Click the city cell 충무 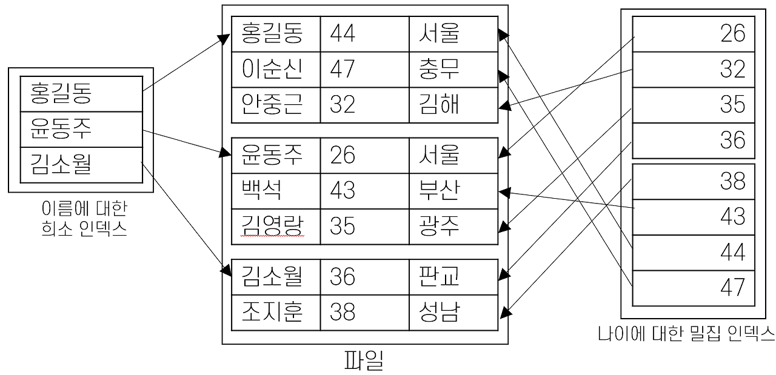pos(439,70)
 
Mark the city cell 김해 pos(439,105)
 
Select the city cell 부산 pos(439,191)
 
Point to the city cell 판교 pos(439,277)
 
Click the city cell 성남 pos(439,313)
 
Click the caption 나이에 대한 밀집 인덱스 pos(686,333)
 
